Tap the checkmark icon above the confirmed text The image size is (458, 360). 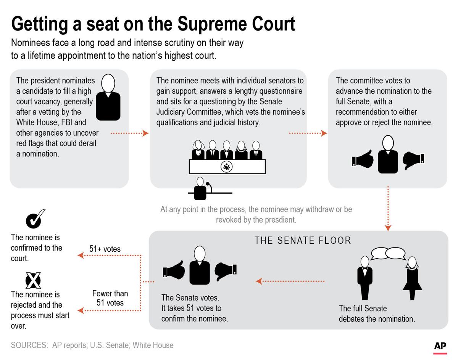35,219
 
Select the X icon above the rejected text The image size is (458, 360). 33,281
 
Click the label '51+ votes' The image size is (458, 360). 105,249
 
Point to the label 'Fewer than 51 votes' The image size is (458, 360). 110,298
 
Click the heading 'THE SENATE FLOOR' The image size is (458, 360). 303,240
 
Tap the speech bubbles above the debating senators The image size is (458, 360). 388,253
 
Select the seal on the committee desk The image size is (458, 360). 227,167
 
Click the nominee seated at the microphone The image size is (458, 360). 200,189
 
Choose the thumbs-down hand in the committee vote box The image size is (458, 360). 413,160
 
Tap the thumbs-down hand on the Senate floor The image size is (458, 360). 226,271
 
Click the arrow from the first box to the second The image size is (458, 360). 129,133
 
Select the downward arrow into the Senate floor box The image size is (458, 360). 388,208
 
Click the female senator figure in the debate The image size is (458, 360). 412,278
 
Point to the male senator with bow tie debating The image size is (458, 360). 364,278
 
